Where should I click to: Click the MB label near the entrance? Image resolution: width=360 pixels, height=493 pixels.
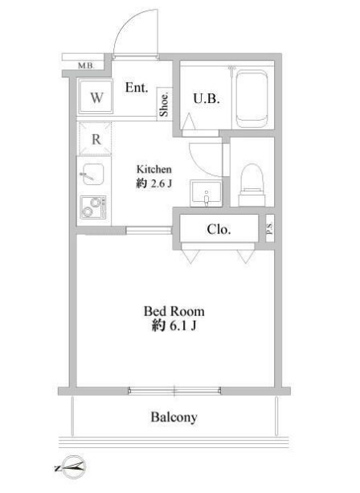(84, 65)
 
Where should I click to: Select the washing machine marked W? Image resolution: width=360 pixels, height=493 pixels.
(96, 98)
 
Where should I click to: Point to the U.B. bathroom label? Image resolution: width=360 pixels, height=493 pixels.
(202, 99)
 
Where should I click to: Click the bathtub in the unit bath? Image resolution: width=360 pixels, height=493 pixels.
(252, 99)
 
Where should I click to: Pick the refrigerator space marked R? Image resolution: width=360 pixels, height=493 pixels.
(96, 138)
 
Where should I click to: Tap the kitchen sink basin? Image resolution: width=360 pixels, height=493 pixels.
(90, 173)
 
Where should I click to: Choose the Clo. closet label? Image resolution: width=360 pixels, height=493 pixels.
(219, 229)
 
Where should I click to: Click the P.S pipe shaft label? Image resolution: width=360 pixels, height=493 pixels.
(269, 229)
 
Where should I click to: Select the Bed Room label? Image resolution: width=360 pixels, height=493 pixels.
(174, 310)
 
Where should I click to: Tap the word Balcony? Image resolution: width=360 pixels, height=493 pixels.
(174, 417)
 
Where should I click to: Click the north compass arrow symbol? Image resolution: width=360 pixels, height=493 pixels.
(70, 464)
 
